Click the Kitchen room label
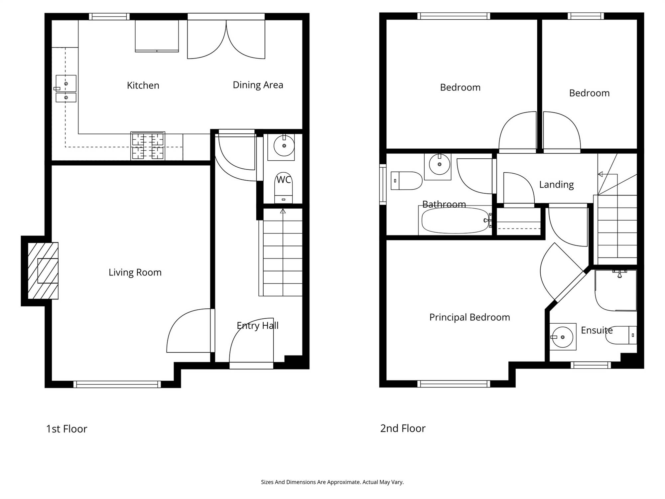[143, 85]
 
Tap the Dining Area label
[258, 85]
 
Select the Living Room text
[135, 272]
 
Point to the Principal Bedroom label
[469, 317]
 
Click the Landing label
[557, 185]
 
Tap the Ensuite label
[597, 330]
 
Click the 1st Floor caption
[66, 429]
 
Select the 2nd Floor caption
[403, 428]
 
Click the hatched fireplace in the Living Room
[43, 271]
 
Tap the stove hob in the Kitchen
[148, 146]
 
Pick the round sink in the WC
[284, 146]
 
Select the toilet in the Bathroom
[406, 181]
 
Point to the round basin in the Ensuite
[562, 337]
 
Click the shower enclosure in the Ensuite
[616, 290]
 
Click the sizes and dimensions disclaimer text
[332, 482]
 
